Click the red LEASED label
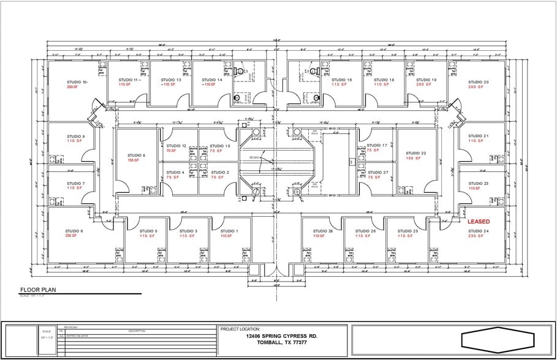point(479,221)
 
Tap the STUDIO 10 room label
point(77,82)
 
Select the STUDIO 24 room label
point(478,231)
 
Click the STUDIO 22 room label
point(415,153)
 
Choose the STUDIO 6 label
point(75,231)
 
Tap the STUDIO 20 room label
point(478,82)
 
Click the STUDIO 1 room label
point(225,231)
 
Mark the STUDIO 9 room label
point(76,137)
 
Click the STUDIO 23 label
point(478,183)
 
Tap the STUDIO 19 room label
point(426,80)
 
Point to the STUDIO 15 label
point(219,146)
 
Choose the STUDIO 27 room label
point(377,172)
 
